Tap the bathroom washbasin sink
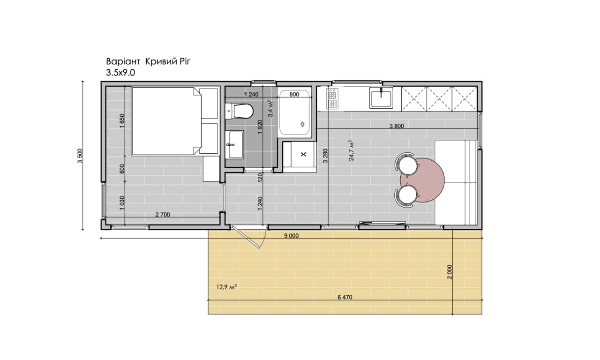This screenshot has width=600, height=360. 234,145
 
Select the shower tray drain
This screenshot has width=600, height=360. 303,124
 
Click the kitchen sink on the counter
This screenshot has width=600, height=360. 381,98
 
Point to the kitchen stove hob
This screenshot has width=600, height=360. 332,98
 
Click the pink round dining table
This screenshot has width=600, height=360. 422,180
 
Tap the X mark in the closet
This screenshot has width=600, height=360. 303,154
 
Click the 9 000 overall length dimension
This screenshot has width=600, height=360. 291,236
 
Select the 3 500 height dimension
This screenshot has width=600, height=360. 80,156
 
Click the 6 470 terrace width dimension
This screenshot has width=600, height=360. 345,297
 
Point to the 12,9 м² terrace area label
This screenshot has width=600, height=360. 226,287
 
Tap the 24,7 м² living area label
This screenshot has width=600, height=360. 351,150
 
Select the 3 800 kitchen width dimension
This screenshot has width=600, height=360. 397,126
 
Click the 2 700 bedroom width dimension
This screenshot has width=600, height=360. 163,215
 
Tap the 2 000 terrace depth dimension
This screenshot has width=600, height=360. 450,271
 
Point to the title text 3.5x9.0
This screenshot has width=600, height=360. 120,73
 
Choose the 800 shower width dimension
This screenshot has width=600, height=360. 294,94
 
